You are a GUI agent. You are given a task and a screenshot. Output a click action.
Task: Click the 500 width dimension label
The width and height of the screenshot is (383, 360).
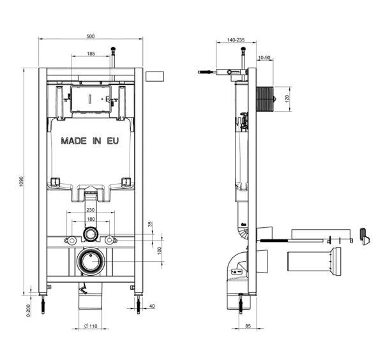[x=91, y=36]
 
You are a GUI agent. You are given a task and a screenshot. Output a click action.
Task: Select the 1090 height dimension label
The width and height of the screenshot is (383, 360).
[x=22, y=181]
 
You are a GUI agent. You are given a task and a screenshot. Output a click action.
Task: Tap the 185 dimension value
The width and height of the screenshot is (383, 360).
[x=91, y=54]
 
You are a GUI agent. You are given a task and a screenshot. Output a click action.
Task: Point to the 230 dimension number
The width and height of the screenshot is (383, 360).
[x=91, y=210]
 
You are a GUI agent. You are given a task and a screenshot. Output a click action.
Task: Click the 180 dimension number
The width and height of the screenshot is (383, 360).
[x=91, y=219]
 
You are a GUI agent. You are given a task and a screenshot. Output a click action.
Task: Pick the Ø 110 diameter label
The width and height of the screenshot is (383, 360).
[x=91, y=326]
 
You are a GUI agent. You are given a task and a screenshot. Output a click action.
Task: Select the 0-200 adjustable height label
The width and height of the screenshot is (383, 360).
[x=29, y=310]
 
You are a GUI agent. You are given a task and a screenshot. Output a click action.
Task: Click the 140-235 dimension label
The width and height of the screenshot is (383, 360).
[x=236, y=40]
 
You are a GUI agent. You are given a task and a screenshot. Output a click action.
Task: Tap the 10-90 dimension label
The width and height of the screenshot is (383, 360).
[x=264, y=57]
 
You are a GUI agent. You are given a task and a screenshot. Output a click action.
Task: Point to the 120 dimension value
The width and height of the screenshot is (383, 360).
[x=287, y=99]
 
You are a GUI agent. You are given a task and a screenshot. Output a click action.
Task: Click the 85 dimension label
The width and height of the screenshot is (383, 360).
[x=248, y=326]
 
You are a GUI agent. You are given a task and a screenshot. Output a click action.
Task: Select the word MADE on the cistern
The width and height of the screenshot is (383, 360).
[x=74, y=141]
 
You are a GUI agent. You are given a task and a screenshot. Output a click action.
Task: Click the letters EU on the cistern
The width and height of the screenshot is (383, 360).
[x=113, y=141]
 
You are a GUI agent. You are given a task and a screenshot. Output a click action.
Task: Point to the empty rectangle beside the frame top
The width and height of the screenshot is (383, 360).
[x=155, y=76]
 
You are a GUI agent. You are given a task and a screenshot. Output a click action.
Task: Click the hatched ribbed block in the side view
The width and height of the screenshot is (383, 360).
[x=264, y=99]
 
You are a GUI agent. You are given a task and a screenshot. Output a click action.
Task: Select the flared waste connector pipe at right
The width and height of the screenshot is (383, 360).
[x=314, y=261]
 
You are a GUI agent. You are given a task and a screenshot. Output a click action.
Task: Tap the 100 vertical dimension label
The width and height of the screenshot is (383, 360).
[x=160, y=251]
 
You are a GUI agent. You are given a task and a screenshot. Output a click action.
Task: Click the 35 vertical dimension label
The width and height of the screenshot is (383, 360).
[x=151, y=224]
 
